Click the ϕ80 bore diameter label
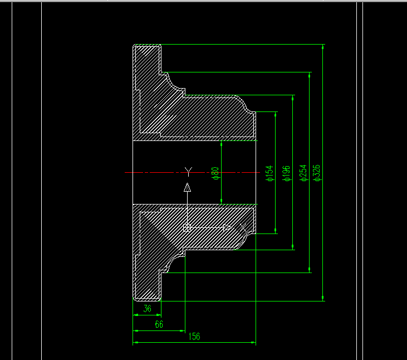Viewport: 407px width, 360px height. pyautogui.click(x=215, y=173)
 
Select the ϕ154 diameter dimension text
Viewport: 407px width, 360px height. pyautogui.click(x=269, y=173)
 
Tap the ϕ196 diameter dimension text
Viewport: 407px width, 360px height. pyautogui.click(x=286, y=173)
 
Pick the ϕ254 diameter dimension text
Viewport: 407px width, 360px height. pyautogui.click(x=303, y=173)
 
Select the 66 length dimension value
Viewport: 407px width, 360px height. pyautogui.click(x=159, y=324)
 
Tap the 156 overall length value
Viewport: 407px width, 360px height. pyautogui.click(x=194, y=336)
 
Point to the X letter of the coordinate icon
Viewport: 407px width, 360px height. pyautogui.click(x=243, y=228)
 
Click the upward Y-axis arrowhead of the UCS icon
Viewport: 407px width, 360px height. pyautogui.click(x=188, y=187)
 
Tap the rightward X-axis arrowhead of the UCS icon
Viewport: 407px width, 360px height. pyautogui.click(x=227, y=227)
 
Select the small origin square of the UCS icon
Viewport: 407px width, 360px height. pyautogui.click(x=187, y=227)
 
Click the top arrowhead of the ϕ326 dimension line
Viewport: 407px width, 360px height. pyautogui.click(x=323, y=48)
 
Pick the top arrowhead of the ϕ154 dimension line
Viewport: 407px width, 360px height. pyautogui.click(x=275, y=115)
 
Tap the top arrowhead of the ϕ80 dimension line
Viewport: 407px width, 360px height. pyautogui.click(x=222, y=145)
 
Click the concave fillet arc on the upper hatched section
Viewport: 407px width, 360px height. pyautogui.click(x=178, y=84)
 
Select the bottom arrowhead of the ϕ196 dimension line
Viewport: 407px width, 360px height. pyautogui.click(x=293, y=246)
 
